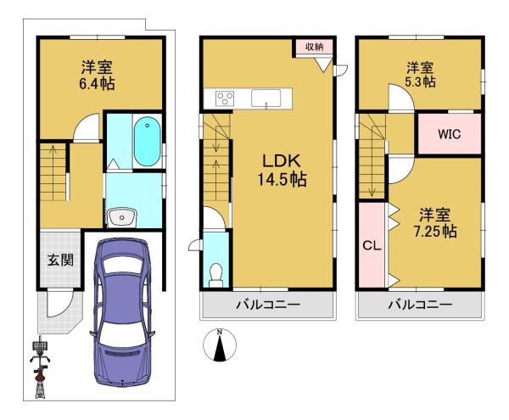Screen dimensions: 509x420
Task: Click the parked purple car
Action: [x=123, y=311]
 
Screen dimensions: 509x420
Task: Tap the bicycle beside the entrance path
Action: [x=40, y=367]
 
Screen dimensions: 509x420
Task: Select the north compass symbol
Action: [x=220, y=345]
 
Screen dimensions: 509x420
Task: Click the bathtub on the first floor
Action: [x=148, y=142]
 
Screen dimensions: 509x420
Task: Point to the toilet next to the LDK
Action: [x=215, y=275]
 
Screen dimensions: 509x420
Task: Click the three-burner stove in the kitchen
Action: [x=225, y=98]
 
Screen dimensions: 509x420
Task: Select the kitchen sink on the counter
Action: [x=266, y=98]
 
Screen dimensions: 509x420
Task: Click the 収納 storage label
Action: [x=314, y=47]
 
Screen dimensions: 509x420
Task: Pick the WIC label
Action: [x=450, y=134]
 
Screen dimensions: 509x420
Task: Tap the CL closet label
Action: [x=372, y=246]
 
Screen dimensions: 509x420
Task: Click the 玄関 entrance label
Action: [x=60, y=260]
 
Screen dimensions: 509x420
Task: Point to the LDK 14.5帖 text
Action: [x=282, y=170]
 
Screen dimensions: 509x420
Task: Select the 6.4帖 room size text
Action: [x=97, y=84]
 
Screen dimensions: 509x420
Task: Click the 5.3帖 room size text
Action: [x=420, y=81]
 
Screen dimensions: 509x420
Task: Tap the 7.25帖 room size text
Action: [x=435, y=232]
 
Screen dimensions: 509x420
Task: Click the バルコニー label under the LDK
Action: [x=268, y=305]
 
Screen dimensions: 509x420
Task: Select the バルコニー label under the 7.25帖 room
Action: [x=420, y=305]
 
